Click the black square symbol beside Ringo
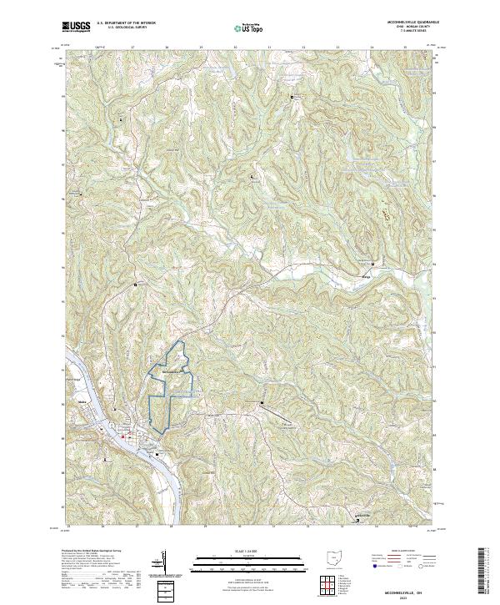(372, 265)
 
